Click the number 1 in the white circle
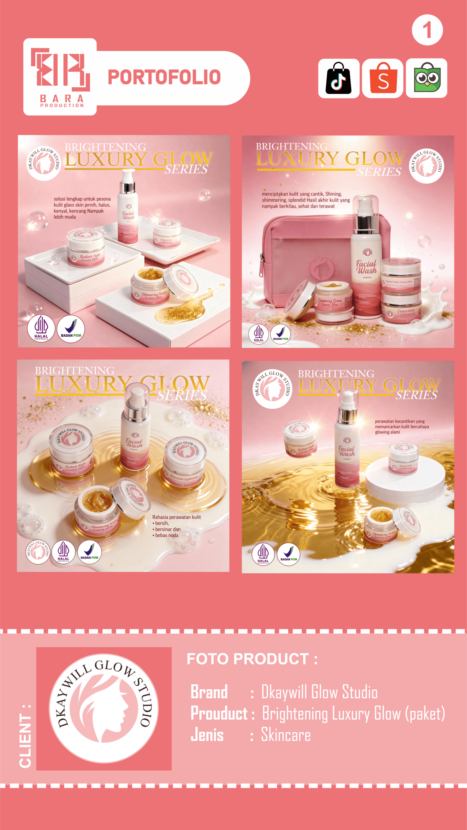(427, 30)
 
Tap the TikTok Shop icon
(339, 78)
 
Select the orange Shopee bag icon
(382, 78)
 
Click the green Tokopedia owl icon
(426, 78)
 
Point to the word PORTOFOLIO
(164, 77)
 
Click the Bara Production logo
(61, 77)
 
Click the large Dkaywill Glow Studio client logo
(104, 708)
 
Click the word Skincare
(286, 735)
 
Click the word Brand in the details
(209, 692)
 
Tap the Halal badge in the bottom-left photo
(63, 552)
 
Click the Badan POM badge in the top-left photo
(71, 329)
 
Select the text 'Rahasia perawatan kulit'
(176, 517)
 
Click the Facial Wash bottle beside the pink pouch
(366, 257)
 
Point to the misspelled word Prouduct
(219, 713)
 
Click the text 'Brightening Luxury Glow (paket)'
(353, 713)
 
